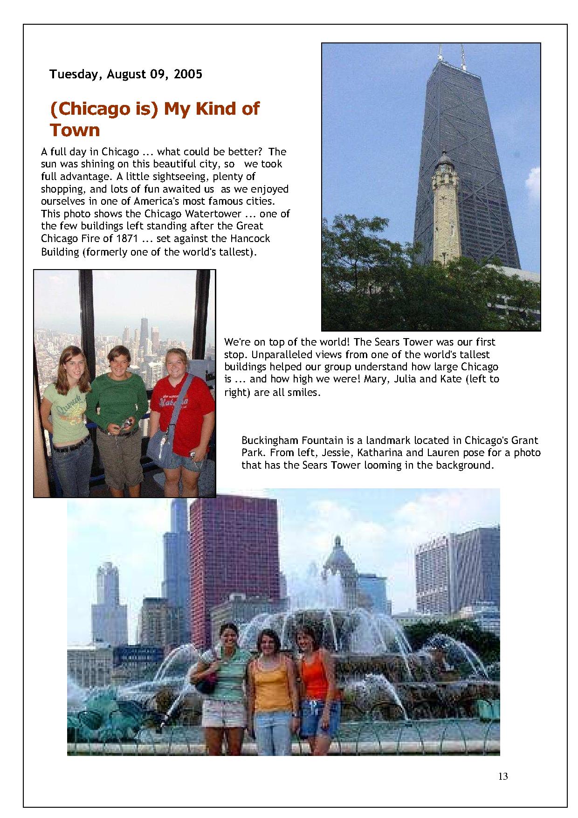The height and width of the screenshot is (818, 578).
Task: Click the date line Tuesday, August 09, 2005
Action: (x=126, y=74)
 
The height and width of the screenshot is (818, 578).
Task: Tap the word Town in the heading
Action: (x=75, y=130)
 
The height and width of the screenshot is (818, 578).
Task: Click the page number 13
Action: (x=502, y=776)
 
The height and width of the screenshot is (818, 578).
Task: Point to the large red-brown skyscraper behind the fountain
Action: (x=233, y=550)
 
